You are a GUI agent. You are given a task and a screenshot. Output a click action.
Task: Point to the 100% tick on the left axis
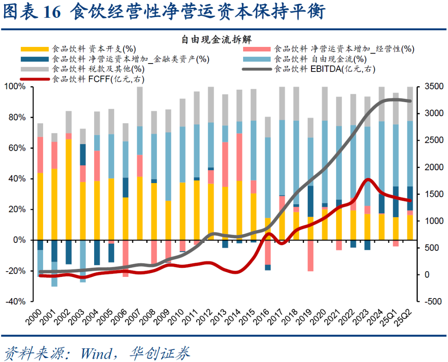(15, 87)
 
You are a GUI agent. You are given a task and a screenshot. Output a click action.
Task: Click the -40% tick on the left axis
(15, 302)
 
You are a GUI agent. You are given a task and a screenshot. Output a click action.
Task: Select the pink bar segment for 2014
(239, 157)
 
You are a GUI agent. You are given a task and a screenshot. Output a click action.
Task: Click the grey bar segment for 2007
(140, 106)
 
